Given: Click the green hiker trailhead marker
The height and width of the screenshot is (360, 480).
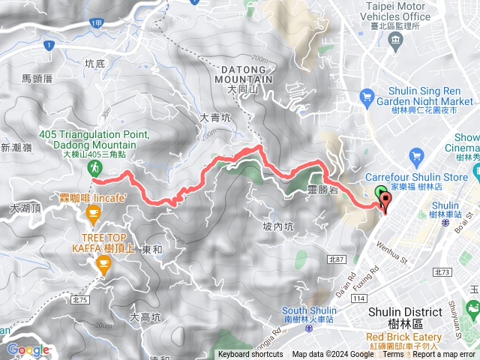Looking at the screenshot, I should pyautogui.click(x=96, y=167).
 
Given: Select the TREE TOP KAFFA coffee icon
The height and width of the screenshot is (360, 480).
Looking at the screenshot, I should pyautogui.click(x=103, y=262).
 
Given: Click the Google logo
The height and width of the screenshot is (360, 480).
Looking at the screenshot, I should pyautogui.click(x=28, y=349).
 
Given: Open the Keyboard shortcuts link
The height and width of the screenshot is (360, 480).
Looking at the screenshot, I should pyautogui.click(x=250, y=354).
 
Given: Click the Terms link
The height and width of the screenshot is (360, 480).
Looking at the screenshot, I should pyautogui.click(x=393, y=354).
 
